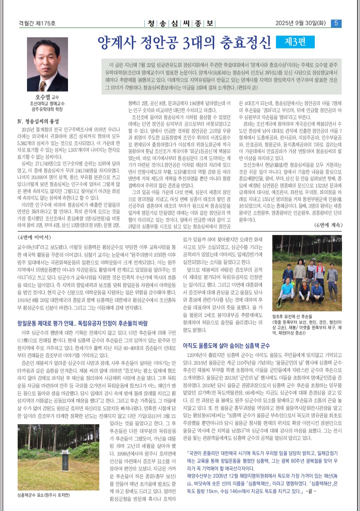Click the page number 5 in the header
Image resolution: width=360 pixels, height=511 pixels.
336,23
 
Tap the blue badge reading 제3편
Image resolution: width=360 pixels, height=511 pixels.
295,42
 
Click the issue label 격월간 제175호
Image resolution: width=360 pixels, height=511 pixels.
37,23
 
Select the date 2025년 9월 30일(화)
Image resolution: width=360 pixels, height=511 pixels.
300,23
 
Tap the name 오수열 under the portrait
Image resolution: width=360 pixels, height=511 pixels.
43,97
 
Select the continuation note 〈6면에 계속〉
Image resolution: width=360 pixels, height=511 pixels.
328,225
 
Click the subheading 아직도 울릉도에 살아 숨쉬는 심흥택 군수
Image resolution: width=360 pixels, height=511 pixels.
226,346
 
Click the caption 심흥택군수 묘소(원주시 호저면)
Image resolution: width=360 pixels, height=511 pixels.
43,495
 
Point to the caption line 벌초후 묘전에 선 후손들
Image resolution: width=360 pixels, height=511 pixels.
292,316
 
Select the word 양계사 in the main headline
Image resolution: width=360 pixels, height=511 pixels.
117,43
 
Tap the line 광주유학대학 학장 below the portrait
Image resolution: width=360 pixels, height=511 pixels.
47,109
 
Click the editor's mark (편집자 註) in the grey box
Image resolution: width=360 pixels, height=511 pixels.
247,88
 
